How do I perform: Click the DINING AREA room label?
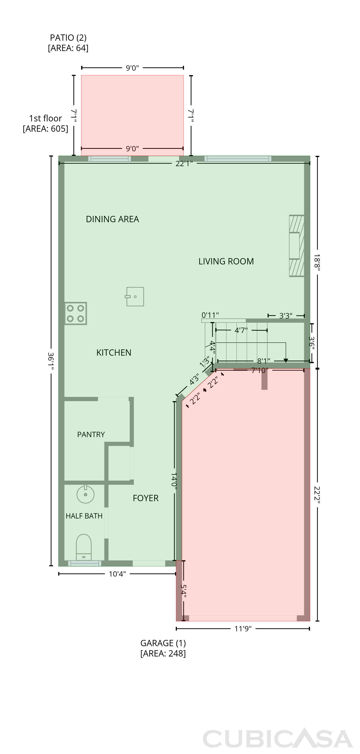(x=112, y=219)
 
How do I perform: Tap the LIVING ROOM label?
(x=226, y=261)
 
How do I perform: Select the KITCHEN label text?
(x=114, y=353)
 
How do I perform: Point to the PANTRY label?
(x=91, y=434)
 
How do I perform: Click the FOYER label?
(x=145, y=498)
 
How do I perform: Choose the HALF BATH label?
(x=84, y=516)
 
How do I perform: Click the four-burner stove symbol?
(x=76, y=313)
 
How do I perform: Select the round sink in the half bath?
(x=85, y=494)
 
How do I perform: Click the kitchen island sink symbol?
(x=135, y=297)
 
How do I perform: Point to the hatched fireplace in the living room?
(x=296, y=246)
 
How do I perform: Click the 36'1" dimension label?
(x=51, y=361)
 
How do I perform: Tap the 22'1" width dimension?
(x=184, y=164)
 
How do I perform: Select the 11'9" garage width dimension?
(x=243, y=629)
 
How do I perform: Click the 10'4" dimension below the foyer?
(x=117, y=574)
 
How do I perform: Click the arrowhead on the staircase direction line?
(x=286, y=361)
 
